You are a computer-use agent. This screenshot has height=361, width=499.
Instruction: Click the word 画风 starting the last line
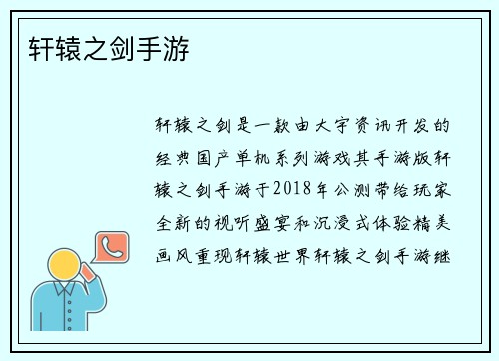[173, 255]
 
